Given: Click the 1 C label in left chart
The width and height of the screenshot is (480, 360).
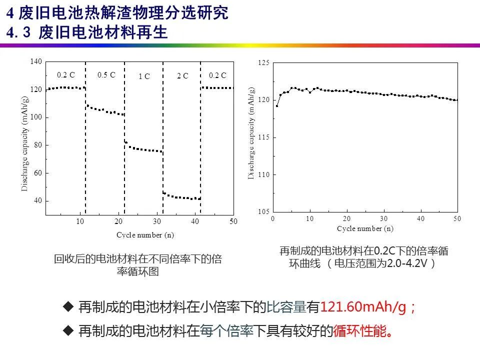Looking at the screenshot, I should (144, 76).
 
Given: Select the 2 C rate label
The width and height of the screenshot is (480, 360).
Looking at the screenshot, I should (182, 76).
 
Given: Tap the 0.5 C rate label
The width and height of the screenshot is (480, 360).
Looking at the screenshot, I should (106, 75).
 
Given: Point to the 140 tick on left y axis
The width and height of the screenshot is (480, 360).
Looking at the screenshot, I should (36, 61).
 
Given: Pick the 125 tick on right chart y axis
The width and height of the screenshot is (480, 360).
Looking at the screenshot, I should (264, 63).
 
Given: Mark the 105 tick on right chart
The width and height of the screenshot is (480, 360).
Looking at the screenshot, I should (264, 212).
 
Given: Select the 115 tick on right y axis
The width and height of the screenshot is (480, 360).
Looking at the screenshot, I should (264, 137).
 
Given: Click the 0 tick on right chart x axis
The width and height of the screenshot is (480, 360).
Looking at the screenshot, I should (273, 219).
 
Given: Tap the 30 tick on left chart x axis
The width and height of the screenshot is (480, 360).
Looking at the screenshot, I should (157, 221).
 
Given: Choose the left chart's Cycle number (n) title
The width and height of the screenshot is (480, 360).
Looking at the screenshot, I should (145, 234).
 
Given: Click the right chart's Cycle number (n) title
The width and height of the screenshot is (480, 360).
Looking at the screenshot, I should (365, 228).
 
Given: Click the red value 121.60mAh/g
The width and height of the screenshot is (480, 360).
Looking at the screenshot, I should (364, 307).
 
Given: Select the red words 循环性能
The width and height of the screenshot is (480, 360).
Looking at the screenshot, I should (360, 331).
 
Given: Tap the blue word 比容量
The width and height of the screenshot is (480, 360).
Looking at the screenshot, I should (286, 307).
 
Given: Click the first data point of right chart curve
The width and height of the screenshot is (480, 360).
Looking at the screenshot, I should (277, 106).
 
